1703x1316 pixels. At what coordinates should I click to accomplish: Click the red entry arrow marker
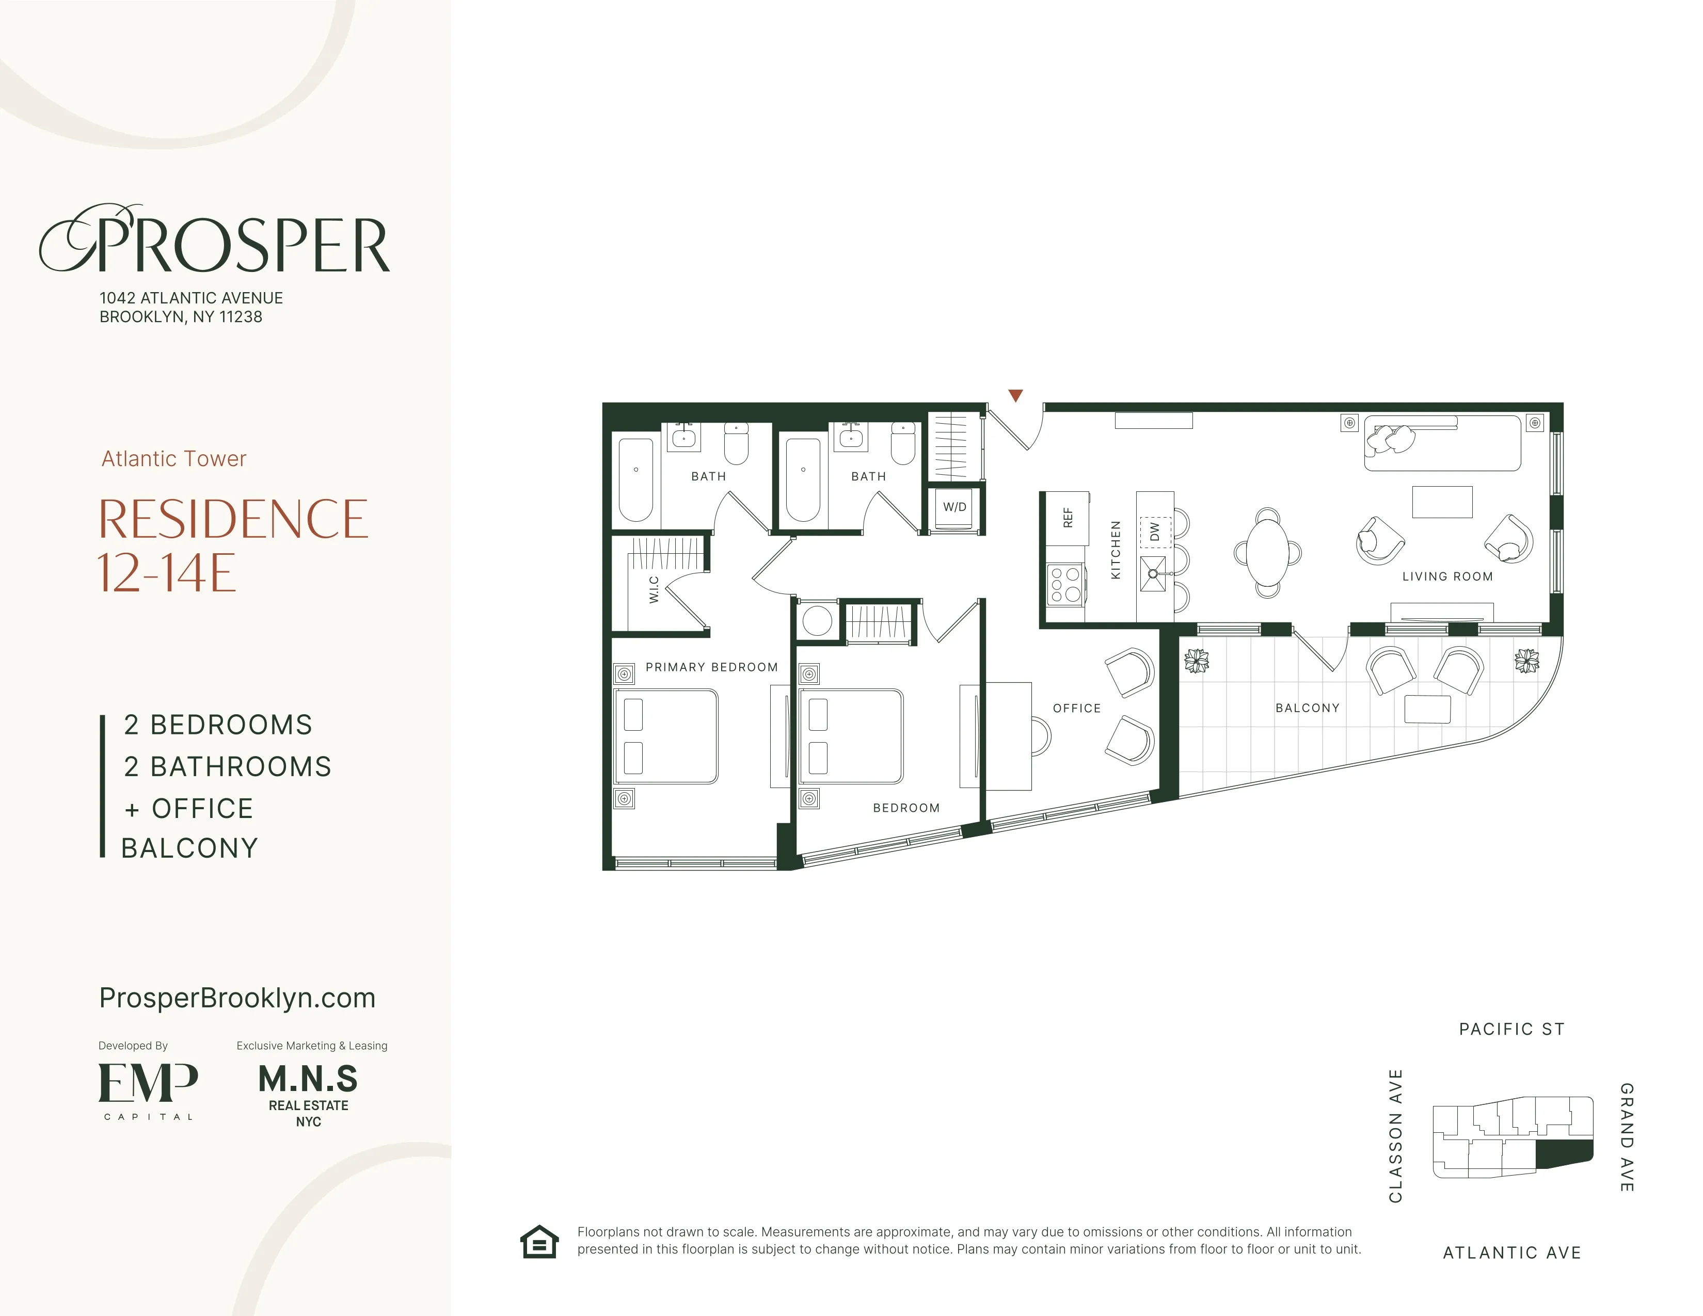[1015, 395]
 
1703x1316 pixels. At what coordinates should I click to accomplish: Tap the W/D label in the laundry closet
[954, 507]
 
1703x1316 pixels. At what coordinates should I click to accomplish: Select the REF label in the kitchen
[1068, 518]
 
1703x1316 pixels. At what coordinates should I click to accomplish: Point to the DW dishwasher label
[1155, 532]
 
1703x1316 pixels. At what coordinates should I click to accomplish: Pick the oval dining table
[1267, 553]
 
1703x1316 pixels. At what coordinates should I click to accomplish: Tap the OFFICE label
[1077, 708]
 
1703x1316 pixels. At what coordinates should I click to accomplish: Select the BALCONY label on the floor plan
[1307, 708]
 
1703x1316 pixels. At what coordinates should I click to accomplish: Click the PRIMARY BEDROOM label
[711, 667]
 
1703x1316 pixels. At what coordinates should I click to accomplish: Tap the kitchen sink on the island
[1153, 574]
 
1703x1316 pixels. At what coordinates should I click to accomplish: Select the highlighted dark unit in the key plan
[1564, 1153]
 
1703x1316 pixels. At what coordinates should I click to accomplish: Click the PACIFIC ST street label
[1511, 1029]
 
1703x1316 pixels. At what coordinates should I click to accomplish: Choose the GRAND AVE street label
[1627, 1137]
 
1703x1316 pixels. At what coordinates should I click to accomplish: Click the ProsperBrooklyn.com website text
[237, 998]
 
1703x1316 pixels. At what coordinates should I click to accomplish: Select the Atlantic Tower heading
[174, 458]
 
